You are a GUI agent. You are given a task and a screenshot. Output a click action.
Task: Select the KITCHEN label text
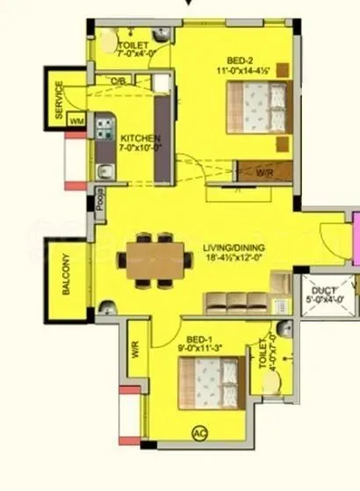(x=139, y=138)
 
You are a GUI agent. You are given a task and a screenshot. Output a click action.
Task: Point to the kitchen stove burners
(x=103, y=126)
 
